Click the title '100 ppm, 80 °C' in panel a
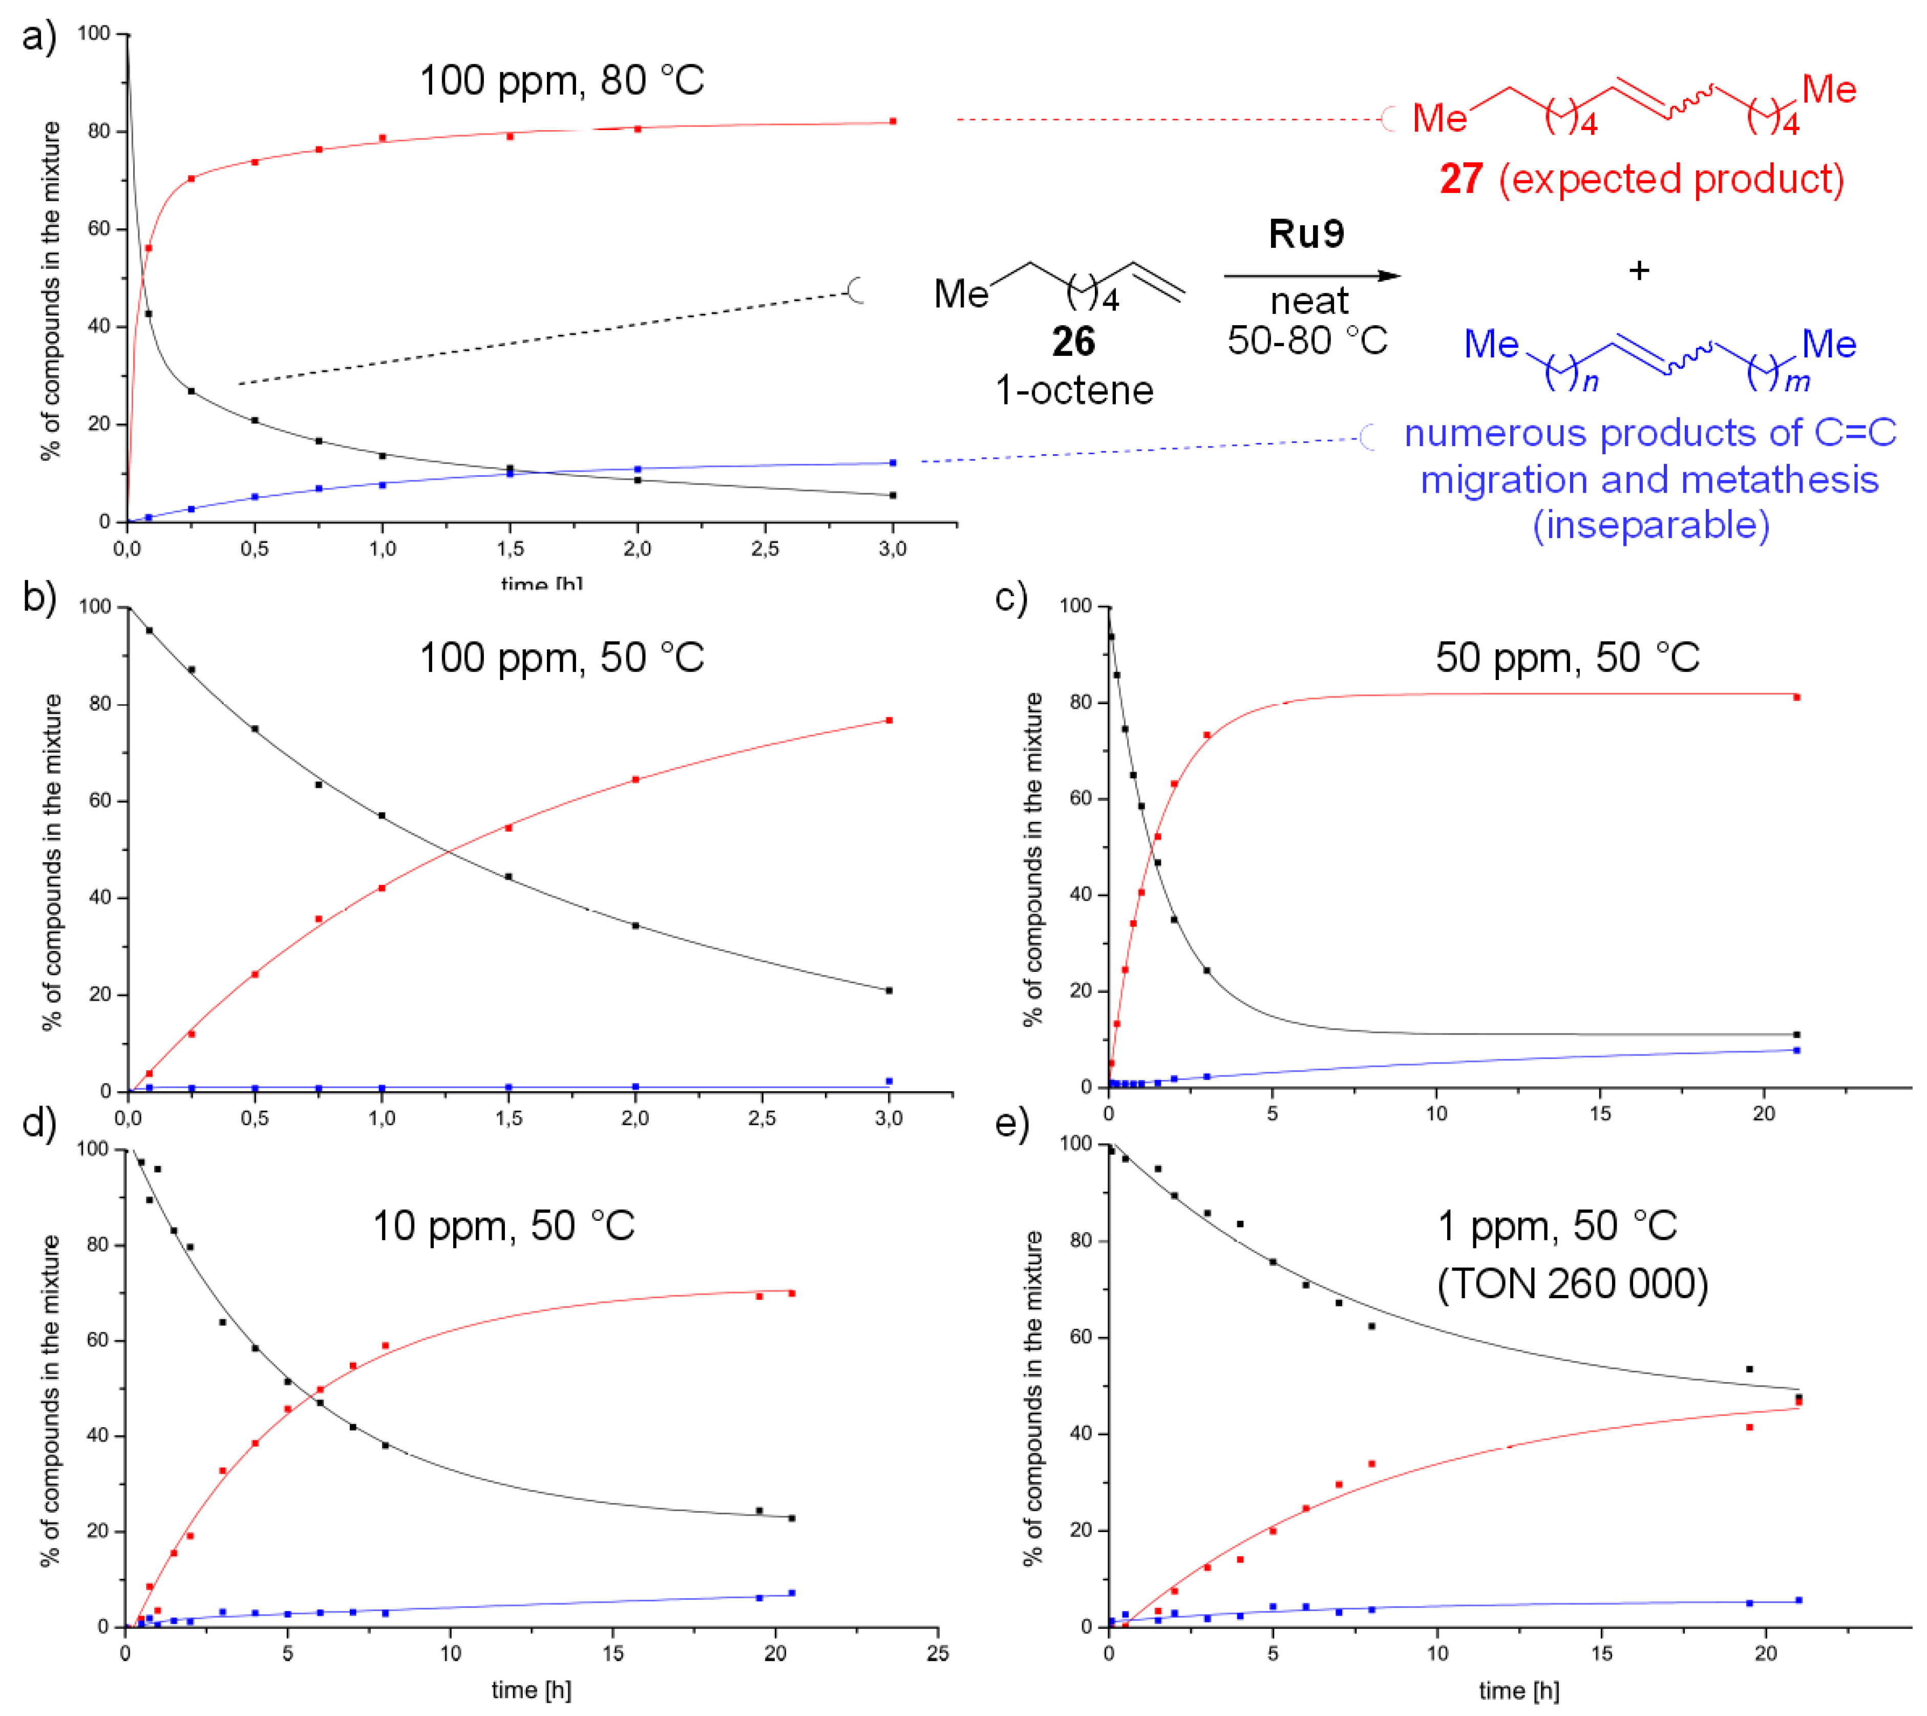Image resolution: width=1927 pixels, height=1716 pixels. [562, 81]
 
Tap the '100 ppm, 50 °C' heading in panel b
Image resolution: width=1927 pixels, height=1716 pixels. [562, 658]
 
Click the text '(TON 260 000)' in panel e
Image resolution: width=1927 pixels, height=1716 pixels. [1573, 1283]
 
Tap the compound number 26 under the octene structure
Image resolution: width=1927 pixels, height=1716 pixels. [1073, 342]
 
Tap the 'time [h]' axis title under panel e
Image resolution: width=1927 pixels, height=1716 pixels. [1519, 1690]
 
